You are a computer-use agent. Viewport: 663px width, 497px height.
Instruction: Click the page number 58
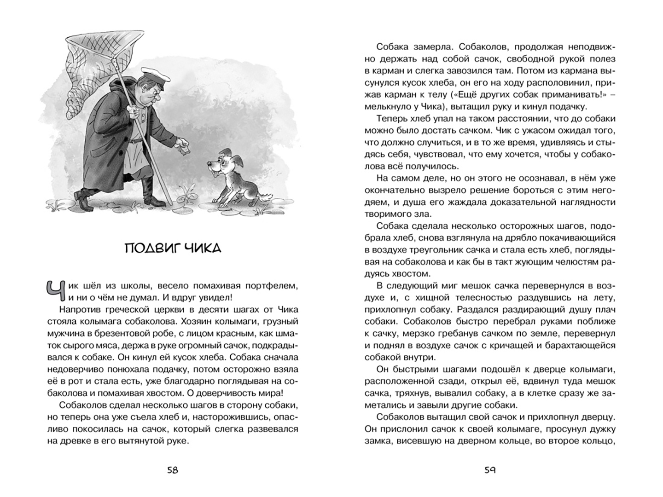[x=172, y=470]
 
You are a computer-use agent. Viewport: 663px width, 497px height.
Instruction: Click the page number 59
[x=490, y=470]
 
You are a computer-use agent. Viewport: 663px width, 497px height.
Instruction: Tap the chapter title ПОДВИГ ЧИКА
[x=173, y=248]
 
